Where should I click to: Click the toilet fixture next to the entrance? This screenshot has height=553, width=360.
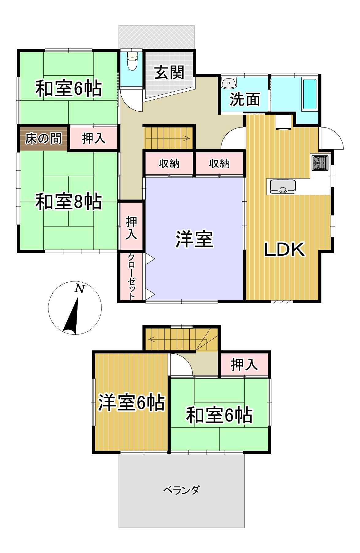132,61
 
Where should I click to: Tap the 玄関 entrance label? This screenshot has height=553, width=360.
169,73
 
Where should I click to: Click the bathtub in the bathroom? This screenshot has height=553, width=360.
309,94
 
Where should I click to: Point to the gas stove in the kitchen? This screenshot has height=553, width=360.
320,163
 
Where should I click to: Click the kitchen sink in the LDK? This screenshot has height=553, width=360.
282,186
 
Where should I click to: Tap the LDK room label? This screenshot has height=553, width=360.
284,249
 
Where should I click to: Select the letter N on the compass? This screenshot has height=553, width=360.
80,289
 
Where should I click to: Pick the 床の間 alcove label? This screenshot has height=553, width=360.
44,139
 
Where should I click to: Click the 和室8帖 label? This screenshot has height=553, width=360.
68,202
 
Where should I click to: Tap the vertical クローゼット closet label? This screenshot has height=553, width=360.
131,276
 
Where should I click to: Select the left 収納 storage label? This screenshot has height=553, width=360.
169,164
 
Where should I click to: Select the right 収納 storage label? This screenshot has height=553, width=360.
219,164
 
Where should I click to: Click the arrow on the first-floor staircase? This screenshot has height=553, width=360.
186,138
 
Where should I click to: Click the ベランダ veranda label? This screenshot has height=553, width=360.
181,490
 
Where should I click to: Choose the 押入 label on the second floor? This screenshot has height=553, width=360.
244,365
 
